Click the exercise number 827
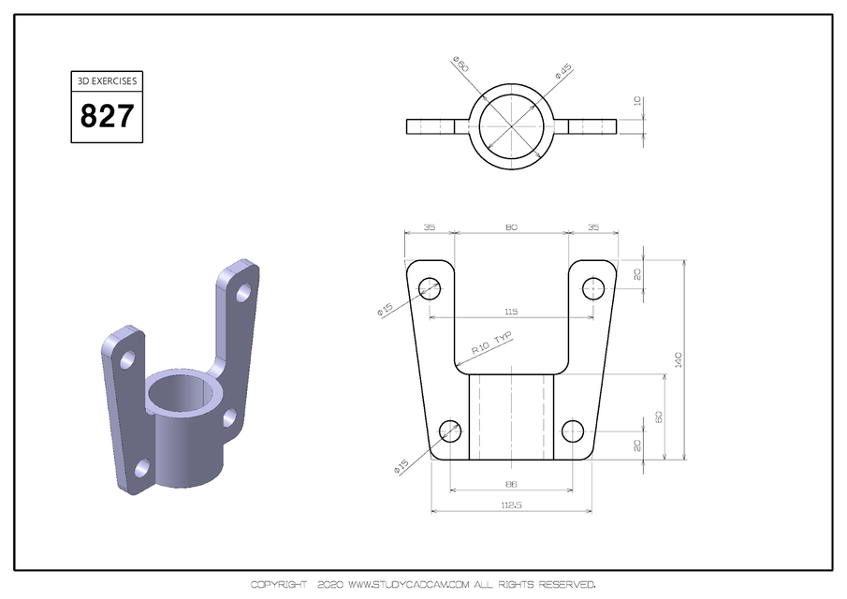click(x=107, y=117)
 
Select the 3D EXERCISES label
click(x=107, y=80)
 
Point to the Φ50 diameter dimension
click(x=460, y=66)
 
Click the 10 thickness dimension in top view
click(x=638, y=101)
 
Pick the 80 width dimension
click(x=511, y=227)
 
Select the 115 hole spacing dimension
click(x=511, y=312)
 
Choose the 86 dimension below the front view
click(x=511, y=485)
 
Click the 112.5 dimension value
click(x=511, y=506)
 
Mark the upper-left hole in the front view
click(x=430, y=287)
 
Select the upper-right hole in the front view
click(x=592, y=287)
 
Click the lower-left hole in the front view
click(x=450, y=431)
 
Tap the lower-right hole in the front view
click(x=572, y=431)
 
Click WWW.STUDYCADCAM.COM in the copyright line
click(x=407, y=585)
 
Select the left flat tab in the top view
click(x=431, y=126)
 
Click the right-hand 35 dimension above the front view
click(x=593, y=227)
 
